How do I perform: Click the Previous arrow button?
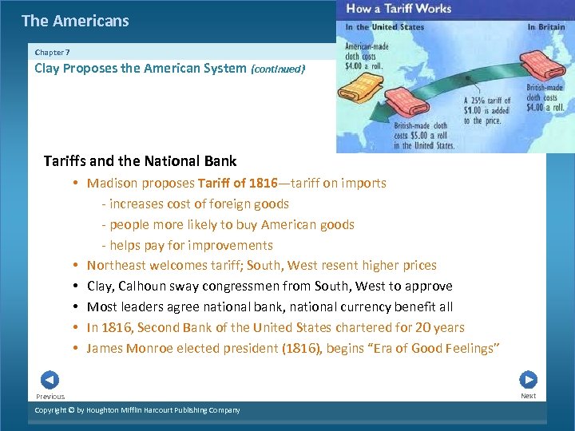50,380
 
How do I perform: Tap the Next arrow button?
528,380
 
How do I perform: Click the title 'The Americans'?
75,21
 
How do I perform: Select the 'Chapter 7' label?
52,52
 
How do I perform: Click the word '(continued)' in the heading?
278,69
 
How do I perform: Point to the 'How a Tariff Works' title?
399,9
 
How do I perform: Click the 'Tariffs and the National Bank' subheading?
140,161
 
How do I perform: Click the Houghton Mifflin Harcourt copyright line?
137,410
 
